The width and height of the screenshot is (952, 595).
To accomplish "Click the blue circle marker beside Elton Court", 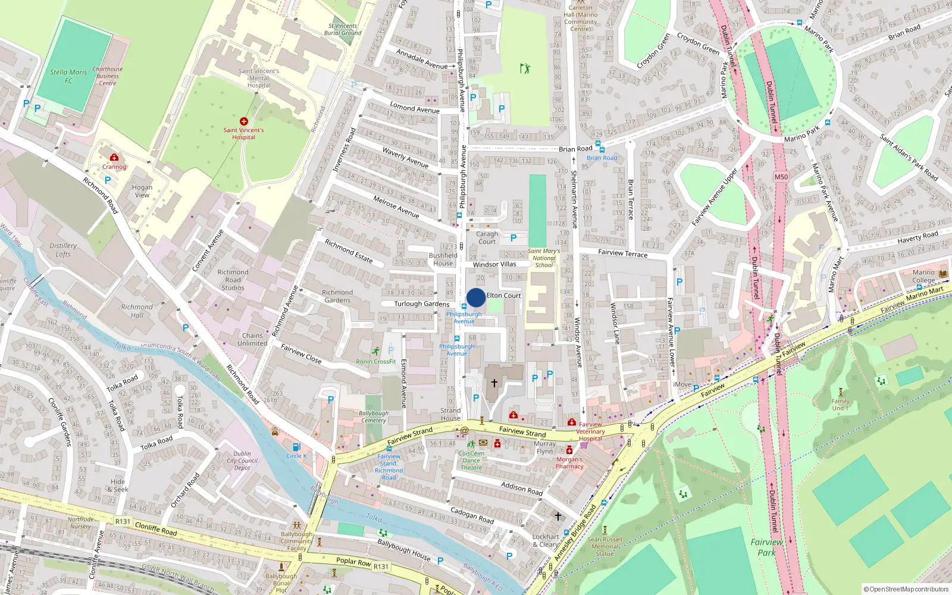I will [475, 297].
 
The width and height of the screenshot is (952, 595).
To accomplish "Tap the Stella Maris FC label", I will [68, 76].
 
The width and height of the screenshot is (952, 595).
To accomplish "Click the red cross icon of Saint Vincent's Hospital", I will [243, 121].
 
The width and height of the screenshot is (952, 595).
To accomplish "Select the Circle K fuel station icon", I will [296, 447].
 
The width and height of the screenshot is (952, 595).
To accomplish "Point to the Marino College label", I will [923, 276].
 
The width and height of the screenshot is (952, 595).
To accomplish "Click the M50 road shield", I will [781, 177].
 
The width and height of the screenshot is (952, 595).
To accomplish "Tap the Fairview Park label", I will [766, 547].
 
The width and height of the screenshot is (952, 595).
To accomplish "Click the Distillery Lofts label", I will [63, 250].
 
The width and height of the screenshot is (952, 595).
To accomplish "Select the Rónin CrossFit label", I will [375, 361].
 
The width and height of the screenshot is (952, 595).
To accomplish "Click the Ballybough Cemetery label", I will [373, 416].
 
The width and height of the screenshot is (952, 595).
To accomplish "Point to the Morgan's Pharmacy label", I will [569, 463].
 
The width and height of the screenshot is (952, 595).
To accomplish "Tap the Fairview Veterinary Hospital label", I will [590, 431].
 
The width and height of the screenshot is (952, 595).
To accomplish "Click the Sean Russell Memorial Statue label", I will [605, 546].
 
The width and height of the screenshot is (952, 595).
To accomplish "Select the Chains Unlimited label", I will [252, 339].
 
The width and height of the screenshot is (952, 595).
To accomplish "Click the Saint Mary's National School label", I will [544, 258].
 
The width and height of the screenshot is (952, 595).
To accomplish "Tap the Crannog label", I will [114, 167].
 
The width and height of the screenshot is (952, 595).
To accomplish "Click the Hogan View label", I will [142, 191].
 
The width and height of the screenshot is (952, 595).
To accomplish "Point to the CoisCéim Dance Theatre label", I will [471, 460].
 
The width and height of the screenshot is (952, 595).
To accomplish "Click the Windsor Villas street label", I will [494, 264].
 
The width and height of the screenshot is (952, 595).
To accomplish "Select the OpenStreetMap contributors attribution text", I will [906, 589].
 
